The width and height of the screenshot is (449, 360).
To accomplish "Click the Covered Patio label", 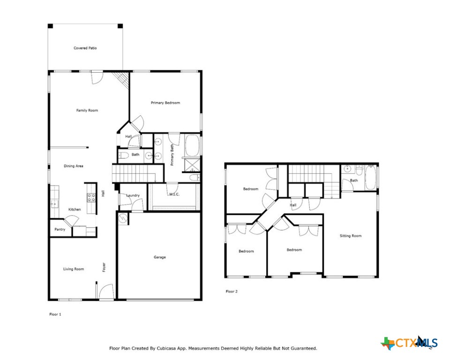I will tap(85, 48).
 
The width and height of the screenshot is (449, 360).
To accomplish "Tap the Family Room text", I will tap(87, 111).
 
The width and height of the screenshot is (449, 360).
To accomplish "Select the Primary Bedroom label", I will tap(165, 103).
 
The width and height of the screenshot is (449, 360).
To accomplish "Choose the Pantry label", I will tap(60, 229).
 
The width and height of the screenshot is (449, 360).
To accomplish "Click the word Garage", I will tap(160, 257).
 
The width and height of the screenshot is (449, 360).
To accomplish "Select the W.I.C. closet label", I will tap(175, 195).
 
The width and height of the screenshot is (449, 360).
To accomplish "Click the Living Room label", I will tap(74, 269).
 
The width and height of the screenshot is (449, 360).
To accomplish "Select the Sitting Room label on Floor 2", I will tap(351, 236).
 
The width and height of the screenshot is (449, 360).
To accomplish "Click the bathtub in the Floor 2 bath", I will tap(370, 178).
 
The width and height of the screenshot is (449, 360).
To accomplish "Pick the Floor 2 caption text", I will tap(232, 292).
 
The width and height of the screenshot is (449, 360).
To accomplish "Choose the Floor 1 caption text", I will tap(55, 314).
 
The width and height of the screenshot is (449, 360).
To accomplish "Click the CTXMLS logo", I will tap(410, 343).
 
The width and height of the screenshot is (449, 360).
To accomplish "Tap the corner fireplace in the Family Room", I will tap(123, 79).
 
